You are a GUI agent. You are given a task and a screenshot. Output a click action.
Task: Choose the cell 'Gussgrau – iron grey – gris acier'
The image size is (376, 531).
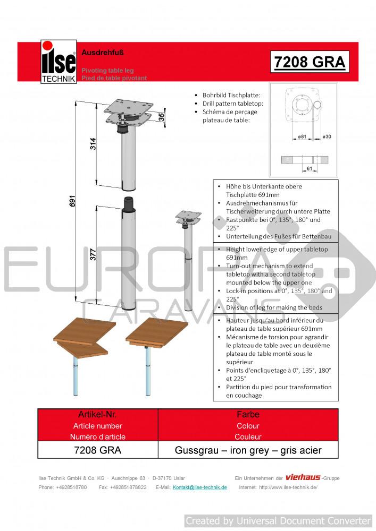click(249, 450)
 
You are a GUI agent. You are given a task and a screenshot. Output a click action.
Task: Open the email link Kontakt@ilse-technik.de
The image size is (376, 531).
click(200, 487)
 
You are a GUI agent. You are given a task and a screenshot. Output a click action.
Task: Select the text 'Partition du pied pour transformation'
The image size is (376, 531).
click(274, 387)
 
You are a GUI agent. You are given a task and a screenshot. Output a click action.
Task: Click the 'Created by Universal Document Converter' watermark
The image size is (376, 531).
click(278, 520)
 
